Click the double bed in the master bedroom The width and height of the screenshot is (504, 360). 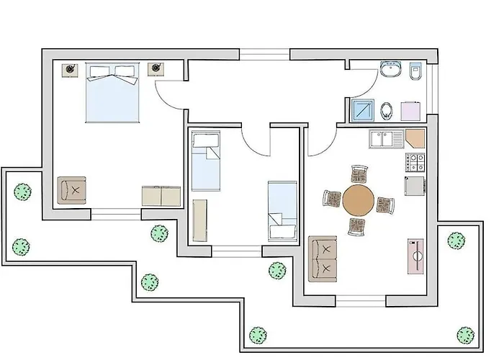112,94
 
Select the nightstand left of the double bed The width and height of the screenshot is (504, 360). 71,68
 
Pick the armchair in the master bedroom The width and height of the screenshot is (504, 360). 72,190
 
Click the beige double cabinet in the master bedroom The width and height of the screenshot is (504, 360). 161,196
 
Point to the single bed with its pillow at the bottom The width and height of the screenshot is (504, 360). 282,211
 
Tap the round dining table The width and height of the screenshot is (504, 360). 359,201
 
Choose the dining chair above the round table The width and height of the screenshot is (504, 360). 359,175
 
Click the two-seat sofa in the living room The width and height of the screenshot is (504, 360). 323,259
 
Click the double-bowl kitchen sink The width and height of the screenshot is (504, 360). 387,138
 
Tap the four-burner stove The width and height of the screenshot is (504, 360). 415,161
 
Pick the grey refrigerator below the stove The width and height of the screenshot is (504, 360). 415,186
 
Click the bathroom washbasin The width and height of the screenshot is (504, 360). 392,70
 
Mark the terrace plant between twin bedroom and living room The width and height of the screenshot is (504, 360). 277,270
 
